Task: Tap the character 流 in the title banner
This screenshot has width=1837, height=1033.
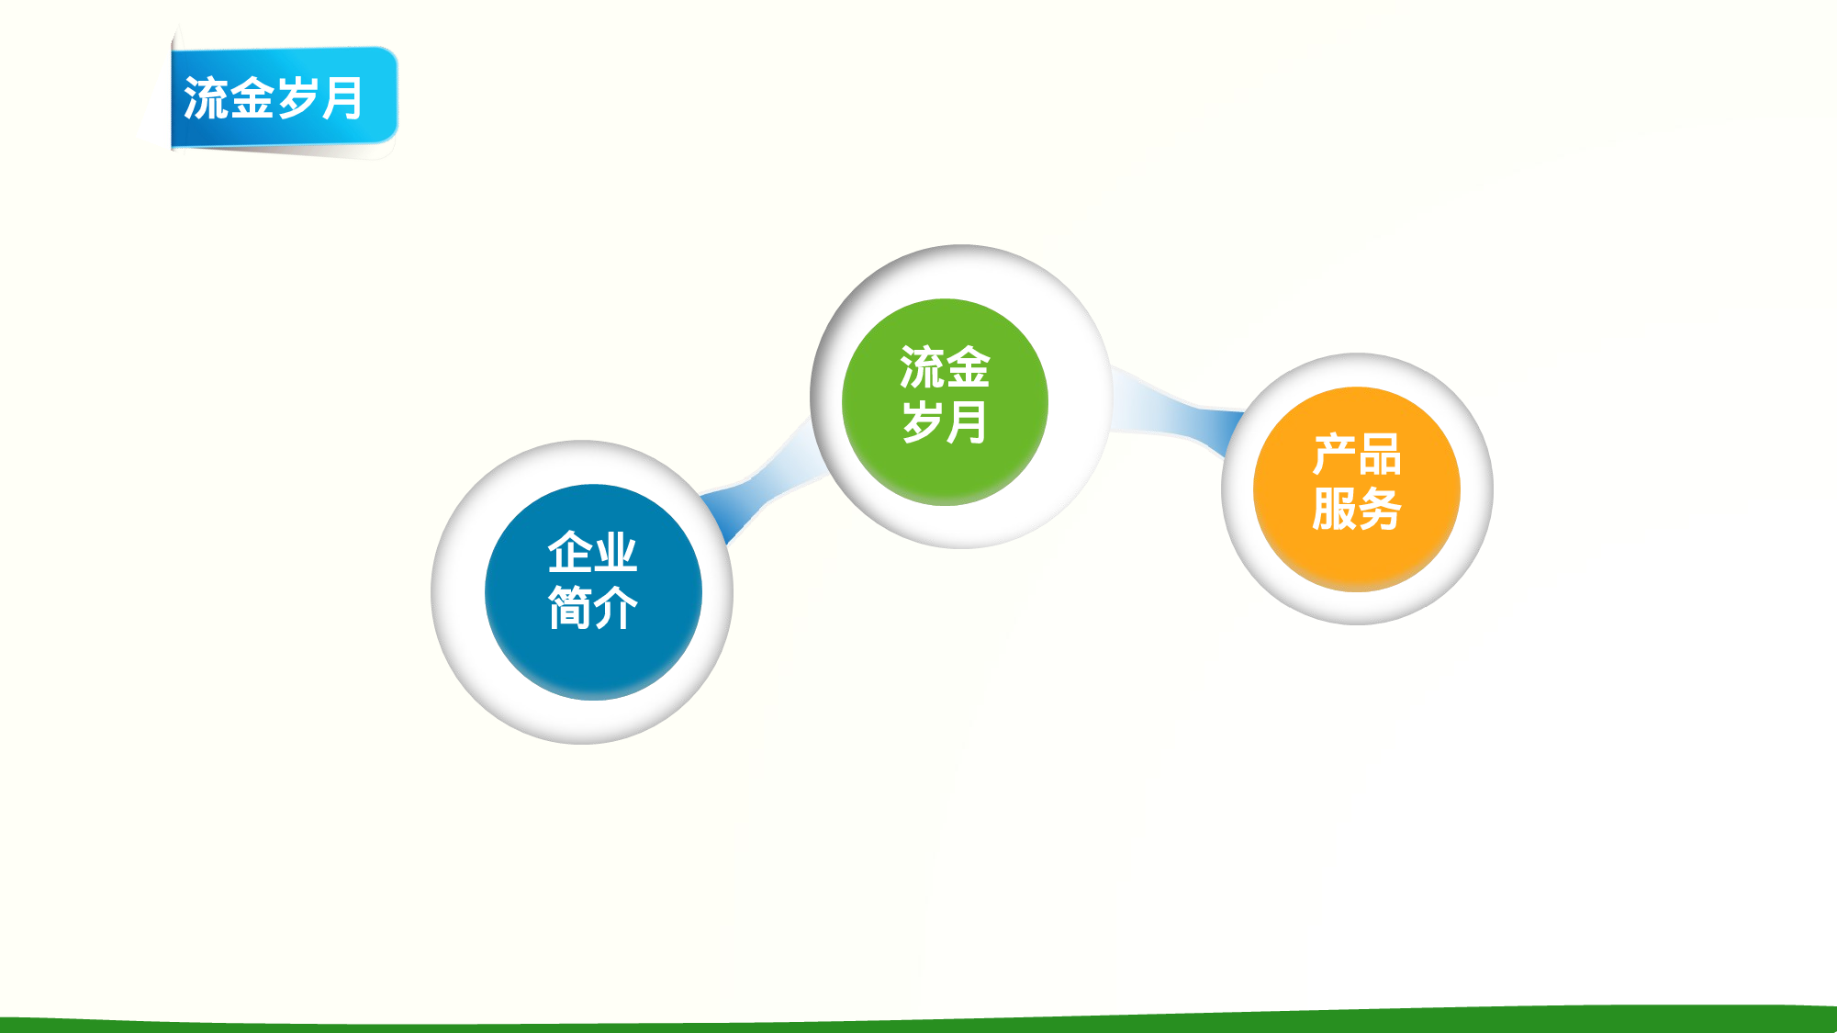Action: coord(206,98)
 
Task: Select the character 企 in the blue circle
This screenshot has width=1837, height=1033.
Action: coord(569,552)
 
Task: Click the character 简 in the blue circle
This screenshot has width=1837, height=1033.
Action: coord(569,607)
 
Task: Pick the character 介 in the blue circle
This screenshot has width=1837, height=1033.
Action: coord(615,607)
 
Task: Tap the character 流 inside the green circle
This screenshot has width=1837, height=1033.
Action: coord(921,367)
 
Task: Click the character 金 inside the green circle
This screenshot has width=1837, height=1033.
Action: coord(968,367)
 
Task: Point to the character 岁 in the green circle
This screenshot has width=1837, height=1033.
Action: coord(921,421)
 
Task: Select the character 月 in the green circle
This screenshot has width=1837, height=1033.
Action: coord(968,421)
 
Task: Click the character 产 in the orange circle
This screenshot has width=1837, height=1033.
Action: coord(1334,455)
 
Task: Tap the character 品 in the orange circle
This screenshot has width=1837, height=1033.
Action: coord(1380,455)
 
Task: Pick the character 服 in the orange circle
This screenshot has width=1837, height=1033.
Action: coord(1334,509)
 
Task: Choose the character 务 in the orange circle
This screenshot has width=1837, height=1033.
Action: coord(1380,509)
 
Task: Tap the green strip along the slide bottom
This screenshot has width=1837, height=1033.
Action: coord(918,1024)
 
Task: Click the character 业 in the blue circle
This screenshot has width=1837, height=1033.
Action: coord(615,552)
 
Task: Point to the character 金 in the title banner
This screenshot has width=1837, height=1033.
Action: coord(252,98)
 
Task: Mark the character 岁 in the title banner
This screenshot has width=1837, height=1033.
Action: coord(297,98)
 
